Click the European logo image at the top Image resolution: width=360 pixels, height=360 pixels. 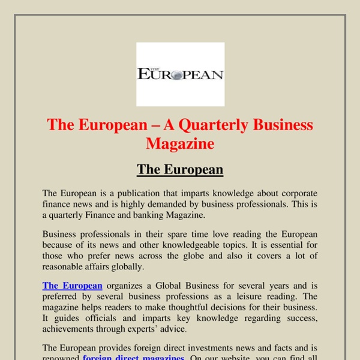(180, 74)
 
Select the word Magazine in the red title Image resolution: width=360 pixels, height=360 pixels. (180, 143)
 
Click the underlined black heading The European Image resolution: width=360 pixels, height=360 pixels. (180, 170)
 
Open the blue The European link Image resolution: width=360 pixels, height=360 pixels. (73, 286)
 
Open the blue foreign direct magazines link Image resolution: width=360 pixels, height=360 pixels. (133, 358)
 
